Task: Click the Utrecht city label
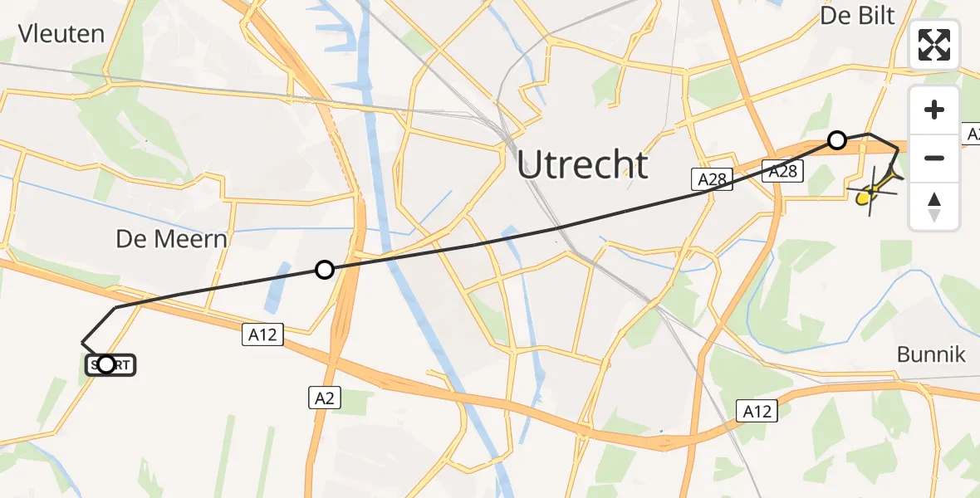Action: tap(582, 164)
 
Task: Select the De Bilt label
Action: tap(858, 15)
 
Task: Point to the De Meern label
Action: tap(171, 239)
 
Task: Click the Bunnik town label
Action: tap(931, 354)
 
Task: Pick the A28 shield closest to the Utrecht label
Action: tap(712, 180)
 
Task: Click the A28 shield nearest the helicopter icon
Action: tap(783, 171)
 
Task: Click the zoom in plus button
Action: tap(934, 110)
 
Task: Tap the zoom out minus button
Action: tap(934, 158)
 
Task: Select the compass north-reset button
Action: tap(934, 206)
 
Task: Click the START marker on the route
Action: tap(107, 364)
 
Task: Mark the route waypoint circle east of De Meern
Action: tap(325, 269)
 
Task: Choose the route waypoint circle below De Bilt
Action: tap(837, 140)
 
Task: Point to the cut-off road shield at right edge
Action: tap(972, 134)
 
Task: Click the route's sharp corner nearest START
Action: tap(82, 341)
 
